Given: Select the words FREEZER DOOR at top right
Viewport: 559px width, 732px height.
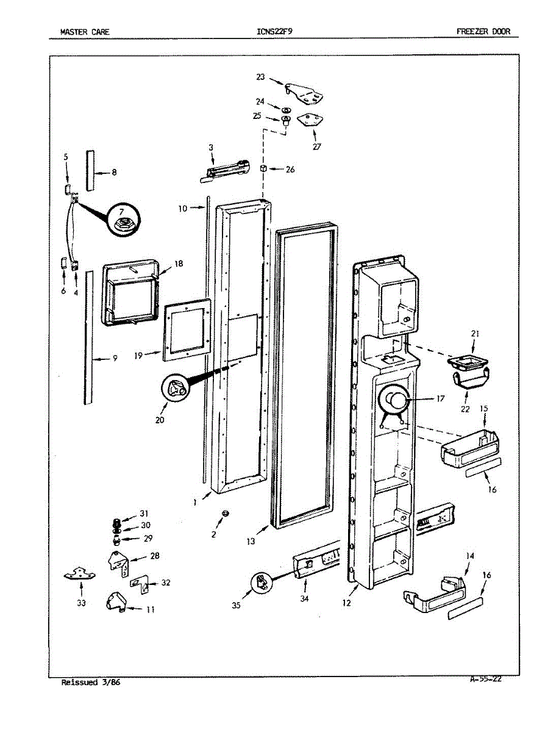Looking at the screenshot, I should point(483,32).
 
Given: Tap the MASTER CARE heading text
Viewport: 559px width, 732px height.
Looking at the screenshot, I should point(85,32).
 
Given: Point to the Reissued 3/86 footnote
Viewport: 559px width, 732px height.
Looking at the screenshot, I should point(91,683).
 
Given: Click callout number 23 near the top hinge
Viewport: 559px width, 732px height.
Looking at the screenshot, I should point(260,77).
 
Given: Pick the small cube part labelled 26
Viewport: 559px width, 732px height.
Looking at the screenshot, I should point(264,168).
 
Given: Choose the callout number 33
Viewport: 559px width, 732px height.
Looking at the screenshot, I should point(81,603).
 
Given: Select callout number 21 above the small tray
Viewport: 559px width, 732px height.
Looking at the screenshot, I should point(475,333).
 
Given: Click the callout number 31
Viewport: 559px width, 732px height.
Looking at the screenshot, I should point(144,513).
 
